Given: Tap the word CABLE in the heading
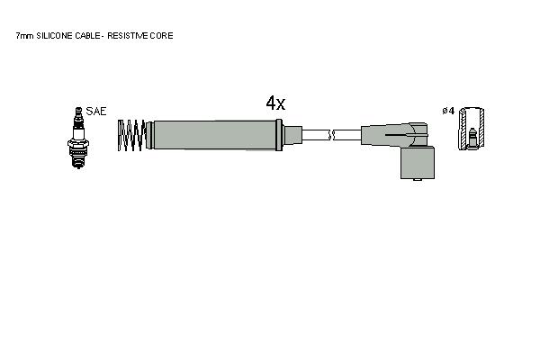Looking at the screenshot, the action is click(x=87, y=36).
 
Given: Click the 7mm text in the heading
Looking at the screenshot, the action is click(x=24, y=36).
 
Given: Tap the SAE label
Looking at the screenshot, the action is click(x=96, y=112).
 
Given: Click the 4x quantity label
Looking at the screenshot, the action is click(x=275, y=103).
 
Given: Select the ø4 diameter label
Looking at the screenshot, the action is click(x=448, y=111).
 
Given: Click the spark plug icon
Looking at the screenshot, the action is click(x=78, y=138).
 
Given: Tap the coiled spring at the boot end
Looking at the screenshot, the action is click(x=131, y=135).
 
